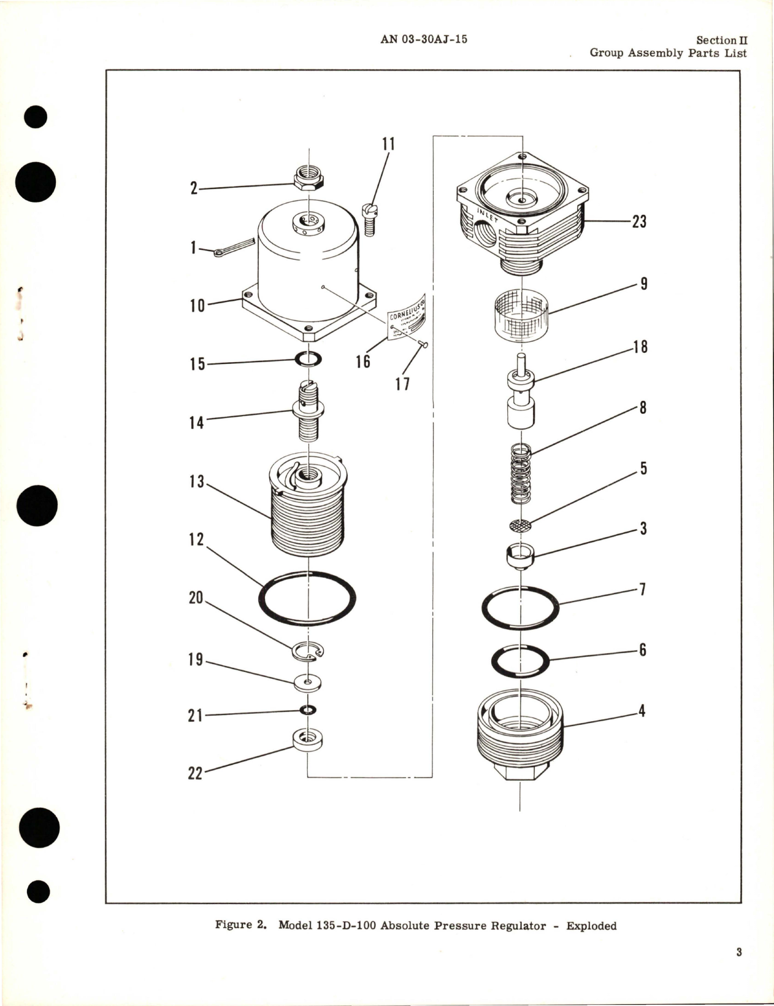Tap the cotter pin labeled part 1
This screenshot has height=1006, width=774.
pyautogui.click(x=233, y=247)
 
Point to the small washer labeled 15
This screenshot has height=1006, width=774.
pyautogui.click(x=308, y=360)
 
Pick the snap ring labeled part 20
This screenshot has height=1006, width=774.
pyautogui.click(x=308, y=652)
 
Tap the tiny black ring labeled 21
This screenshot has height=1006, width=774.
pyautogui.click(x=308, y=710)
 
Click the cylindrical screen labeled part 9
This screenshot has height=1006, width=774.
pyautogui.click(x=521, y=314)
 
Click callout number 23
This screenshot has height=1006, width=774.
pyautogui.click(x=639, y=222)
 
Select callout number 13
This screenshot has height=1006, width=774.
pyautogui.click(x=196, y=482)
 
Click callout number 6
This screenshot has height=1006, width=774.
pyautogui.click(x=642, y=649)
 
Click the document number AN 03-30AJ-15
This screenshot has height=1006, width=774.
pyautogui.click(x=424, y=39)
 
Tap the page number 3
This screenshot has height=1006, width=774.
pyautogui.click(x=739, y=953)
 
